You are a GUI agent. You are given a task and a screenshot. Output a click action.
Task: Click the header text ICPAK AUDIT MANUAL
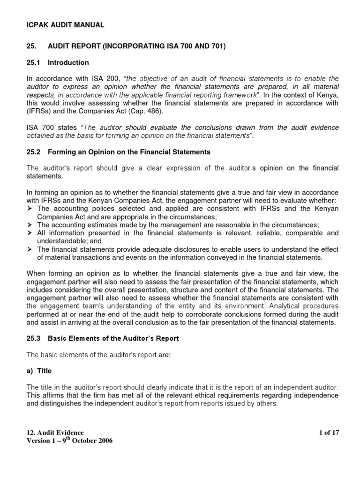point(65,25)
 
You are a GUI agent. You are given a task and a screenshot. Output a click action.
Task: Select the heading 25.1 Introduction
point(58,62)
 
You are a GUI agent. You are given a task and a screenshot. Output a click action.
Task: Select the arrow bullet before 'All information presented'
point(30,232)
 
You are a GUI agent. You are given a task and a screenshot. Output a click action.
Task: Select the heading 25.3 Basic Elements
point(103,338)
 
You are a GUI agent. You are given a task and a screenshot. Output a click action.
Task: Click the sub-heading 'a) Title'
point(39,370)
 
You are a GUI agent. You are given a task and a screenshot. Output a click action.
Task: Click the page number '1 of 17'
point(328,433)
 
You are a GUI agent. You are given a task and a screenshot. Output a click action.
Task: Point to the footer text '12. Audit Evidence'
point(55,433)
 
